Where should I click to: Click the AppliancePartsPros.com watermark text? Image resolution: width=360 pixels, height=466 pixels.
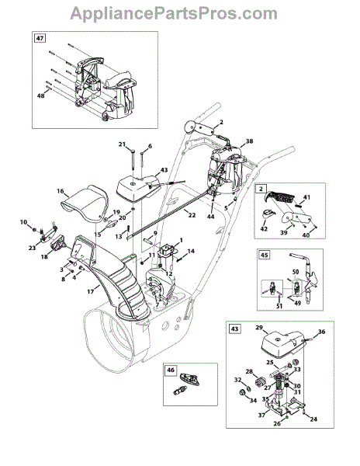(174, 13)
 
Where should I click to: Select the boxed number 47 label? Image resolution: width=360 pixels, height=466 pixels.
(40, 39)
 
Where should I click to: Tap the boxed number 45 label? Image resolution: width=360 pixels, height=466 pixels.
(265, 255)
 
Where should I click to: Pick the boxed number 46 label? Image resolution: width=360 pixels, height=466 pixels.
(171, 370)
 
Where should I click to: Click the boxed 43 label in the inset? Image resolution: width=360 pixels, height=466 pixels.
(234, 329)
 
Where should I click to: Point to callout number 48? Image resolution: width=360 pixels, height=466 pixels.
(40, 96)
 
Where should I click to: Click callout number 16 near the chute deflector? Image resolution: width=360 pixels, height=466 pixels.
(61, 191)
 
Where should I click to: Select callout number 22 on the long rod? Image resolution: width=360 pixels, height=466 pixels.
(192, 214)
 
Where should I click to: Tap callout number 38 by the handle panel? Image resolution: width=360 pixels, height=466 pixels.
(249, 141)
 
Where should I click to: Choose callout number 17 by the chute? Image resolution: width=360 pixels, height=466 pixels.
(91, 292)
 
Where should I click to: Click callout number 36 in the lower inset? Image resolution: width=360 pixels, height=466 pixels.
(321, 332)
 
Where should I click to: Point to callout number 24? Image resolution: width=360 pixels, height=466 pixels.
(313, 419)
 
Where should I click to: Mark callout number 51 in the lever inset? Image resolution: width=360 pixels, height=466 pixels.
(279, 306)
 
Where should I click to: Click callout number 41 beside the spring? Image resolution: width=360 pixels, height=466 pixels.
(306, 197)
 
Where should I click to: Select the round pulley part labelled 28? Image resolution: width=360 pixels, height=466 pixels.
(261, 381)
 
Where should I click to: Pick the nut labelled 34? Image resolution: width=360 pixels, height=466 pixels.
(241, 393)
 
